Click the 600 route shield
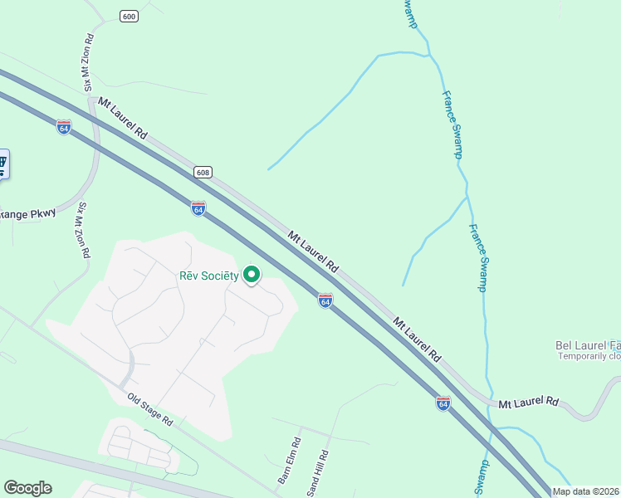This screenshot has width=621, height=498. [x=128, y=17]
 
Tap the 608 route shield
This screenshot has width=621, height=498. [x=203, y=173]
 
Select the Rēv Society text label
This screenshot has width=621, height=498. [x=209, y=276]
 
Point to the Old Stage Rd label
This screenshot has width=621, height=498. [x=149, y=409]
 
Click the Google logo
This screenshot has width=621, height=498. [x=27, y=488]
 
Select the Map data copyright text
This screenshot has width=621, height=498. [x=586, y=491]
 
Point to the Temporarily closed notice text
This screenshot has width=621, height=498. [x=589, y=356]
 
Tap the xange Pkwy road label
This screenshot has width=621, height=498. [x=27, y=213]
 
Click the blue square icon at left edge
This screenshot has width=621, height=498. [x=2, y=164]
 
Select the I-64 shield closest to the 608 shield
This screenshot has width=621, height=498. [x=198, y=208]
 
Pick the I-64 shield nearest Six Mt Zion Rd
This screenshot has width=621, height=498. [x=64, y=127]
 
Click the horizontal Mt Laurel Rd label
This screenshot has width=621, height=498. [x=529, y=403]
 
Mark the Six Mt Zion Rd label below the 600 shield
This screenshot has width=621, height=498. [x=88, y=63]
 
